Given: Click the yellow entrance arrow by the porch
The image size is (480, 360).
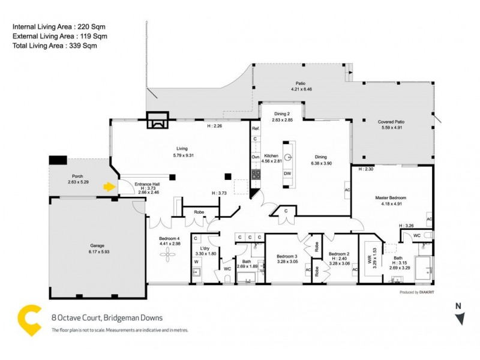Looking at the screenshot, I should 109,187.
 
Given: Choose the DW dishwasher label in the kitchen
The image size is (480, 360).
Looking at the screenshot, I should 288,174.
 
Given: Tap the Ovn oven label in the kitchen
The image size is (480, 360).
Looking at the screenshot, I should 255,157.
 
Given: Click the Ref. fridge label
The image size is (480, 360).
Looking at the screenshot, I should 255,128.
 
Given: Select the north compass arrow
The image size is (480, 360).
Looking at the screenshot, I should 460,319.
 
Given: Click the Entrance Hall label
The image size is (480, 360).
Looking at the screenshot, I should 146,183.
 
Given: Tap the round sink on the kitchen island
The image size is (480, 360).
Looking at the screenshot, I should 288,157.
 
